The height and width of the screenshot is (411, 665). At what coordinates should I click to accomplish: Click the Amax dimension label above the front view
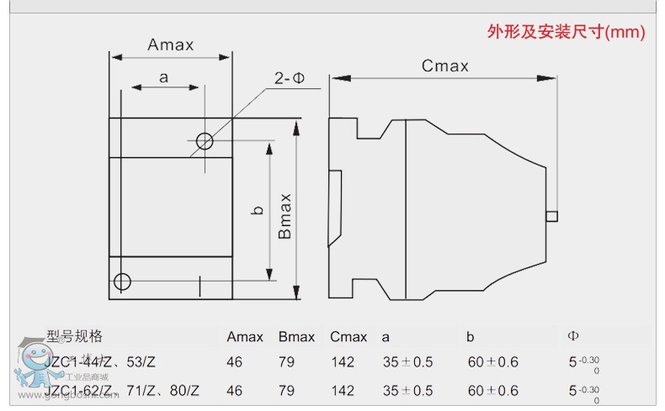(170, 45)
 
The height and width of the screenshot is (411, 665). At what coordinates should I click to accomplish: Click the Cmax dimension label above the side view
(445, 66)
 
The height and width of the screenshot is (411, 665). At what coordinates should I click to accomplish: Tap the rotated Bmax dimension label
(285, 216)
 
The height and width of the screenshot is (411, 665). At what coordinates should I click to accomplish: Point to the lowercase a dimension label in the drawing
(163, 77)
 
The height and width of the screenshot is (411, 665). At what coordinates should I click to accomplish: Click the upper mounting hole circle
(204, 140)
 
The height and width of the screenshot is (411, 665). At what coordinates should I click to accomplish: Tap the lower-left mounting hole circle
(123, 281)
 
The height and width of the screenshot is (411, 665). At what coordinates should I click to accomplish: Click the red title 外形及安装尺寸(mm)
(566, 33)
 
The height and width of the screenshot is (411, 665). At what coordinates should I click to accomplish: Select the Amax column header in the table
(245, 337)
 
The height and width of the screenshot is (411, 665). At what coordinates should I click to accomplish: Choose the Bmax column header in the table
(296, 337)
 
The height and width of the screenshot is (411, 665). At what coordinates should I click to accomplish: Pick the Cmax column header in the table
(348, 337)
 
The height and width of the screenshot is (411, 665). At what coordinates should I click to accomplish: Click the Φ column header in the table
(573, 337)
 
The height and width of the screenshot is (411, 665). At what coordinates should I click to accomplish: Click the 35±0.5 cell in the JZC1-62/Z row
(407, 391)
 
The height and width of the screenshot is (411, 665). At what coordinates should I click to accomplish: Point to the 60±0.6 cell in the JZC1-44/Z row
(493, 363)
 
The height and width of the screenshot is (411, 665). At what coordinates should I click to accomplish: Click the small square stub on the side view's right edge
(551, 216)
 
